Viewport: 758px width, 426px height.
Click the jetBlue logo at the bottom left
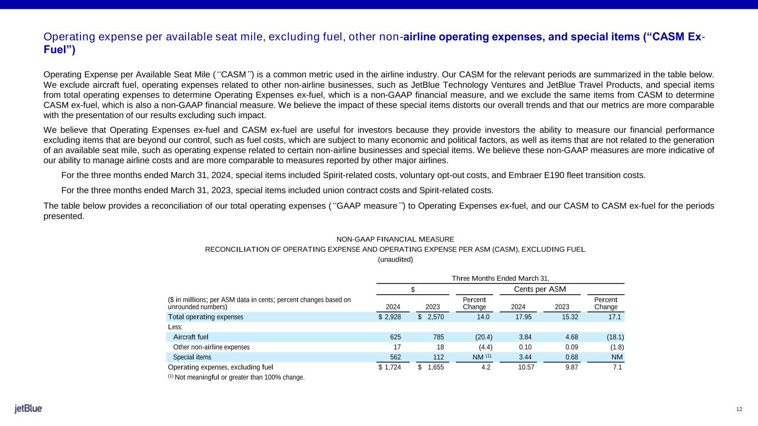coord(28,409)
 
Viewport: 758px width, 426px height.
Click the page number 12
coord(739,409)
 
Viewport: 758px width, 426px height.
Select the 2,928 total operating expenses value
coord(388,317)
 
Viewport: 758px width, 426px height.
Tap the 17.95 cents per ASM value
coord(524,317)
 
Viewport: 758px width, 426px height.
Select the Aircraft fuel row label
coord(191,337)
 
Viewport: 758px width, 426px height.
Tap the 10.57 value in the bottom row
coord(524,367)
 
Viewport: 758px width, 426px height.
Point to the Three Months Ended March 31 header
coord(500,278)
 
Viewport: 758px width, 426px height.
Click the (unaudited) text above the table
coord(395,259)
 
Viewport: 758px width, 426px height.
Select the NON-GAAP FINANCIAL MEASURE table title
coord(395,239)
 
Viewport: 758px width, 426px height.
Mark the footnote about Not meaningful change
coord(236,378)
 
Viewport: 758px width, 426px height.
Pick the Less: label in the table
coord(175,327)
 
